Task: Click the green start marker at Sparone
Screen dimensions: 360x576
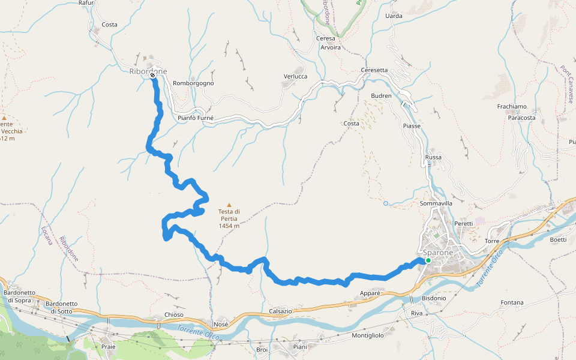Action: [x=428, y=260]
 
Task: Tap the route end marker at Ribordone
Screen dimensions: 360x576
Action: [x=153, y=75]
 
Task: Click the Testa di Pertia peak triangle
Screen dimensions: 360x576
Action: [x=229, y=205]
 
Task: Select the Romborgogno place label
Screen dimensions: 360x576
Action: [x=193, y=83]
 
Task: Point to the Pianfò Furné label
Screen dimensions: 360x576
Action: [x=196, y=118]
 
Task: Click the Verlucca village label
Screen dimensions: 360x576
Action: [x=295, y=76]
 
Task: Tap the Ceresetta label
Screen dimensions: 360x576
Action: [x=374, y=70]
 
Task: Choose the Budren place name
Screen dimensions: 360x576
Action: [x=381, y=96]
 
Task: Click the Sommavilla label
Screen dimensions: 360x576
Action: [x=436, y=203]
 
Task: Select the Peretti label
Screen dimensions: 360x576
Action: [x=464, y=223]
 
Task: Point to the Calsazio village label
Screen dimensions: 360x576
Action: [x=281, y=311]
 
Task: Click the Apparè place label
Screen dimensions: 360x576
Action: [x=370, y=293]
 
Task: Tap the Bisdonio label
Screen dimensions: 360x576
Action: [x=434, y=298]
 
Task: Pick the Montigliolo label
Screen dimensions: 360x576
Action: [x=368, y=335]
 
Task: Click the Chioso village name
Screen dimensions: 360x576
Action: [x=174, y=315]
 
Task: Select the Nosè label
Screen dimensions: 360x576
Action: [x=221, y=324]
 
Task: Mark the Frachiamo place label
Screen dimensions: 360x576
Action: [x=512, y=106]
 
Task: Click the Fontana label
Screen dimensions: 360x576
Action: [x=512, y=302]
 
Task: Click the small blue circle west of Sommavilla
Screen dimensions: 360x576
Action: [x=386, y=203]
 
